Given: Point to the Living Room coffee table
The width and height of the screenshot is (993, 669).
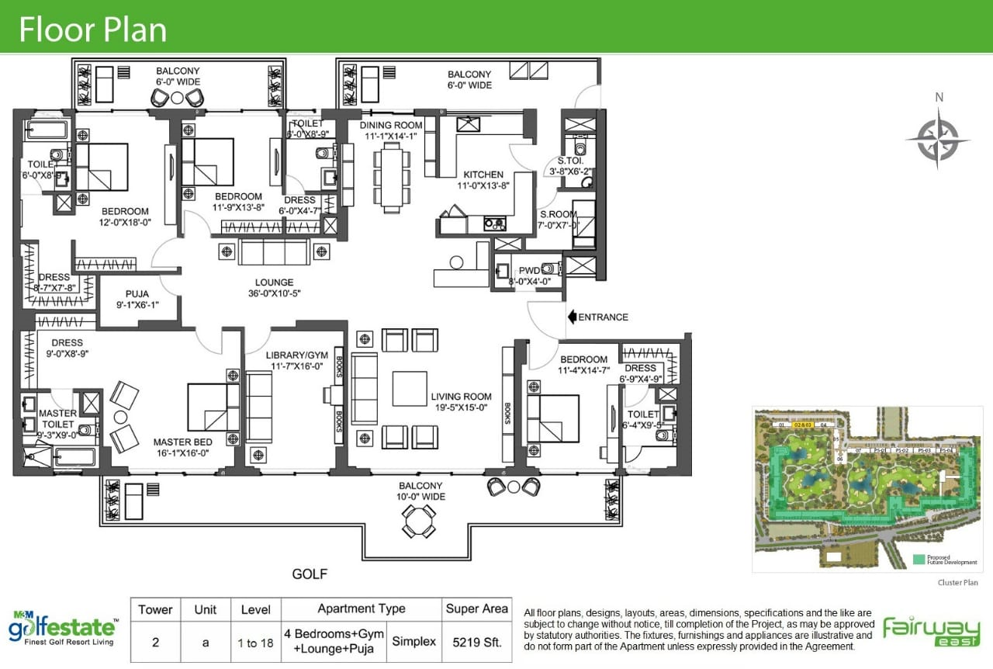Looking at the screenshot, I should click(409, 389).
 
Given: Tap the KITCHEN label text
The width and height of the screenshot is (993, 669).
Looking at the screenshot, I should click(483, 175).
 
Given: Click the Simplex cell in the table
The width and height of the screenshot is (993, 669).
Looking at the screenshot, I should click(413, 642).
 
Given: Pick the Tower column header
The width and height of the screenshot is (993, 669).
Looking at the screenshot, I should click(155, 609).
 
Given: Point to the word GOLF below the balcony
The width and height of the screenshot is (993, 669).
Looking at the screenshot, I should click(310, 575).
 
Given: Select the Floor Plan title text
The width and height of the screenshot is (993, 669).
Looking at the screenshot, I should click(92, 29).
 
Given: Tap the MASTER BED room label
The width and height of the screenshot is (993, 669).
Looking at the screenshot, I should click(182, 442).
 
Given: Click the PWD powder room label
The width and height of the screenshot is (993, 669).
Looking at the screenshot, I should click(529, 271).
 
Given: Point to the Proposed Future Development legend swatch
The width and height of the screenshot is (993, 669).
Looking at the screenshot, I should click(919, 559).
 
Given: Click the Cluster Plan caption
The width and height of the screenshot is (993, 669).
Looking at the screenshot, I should click(957, 581).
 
